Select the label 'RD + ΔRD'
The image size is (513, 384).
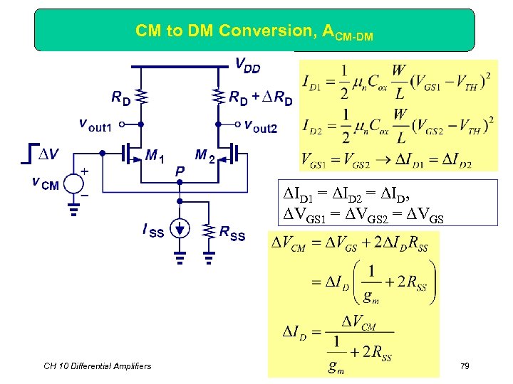(x=261, y=98)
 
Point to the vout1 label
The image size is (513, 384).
(x=95, y=126)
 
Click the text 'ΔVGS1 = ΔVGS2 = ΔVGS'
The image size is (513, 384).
(x=363, y=218)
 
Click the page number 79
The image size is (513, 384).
(x=464, y=366)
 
